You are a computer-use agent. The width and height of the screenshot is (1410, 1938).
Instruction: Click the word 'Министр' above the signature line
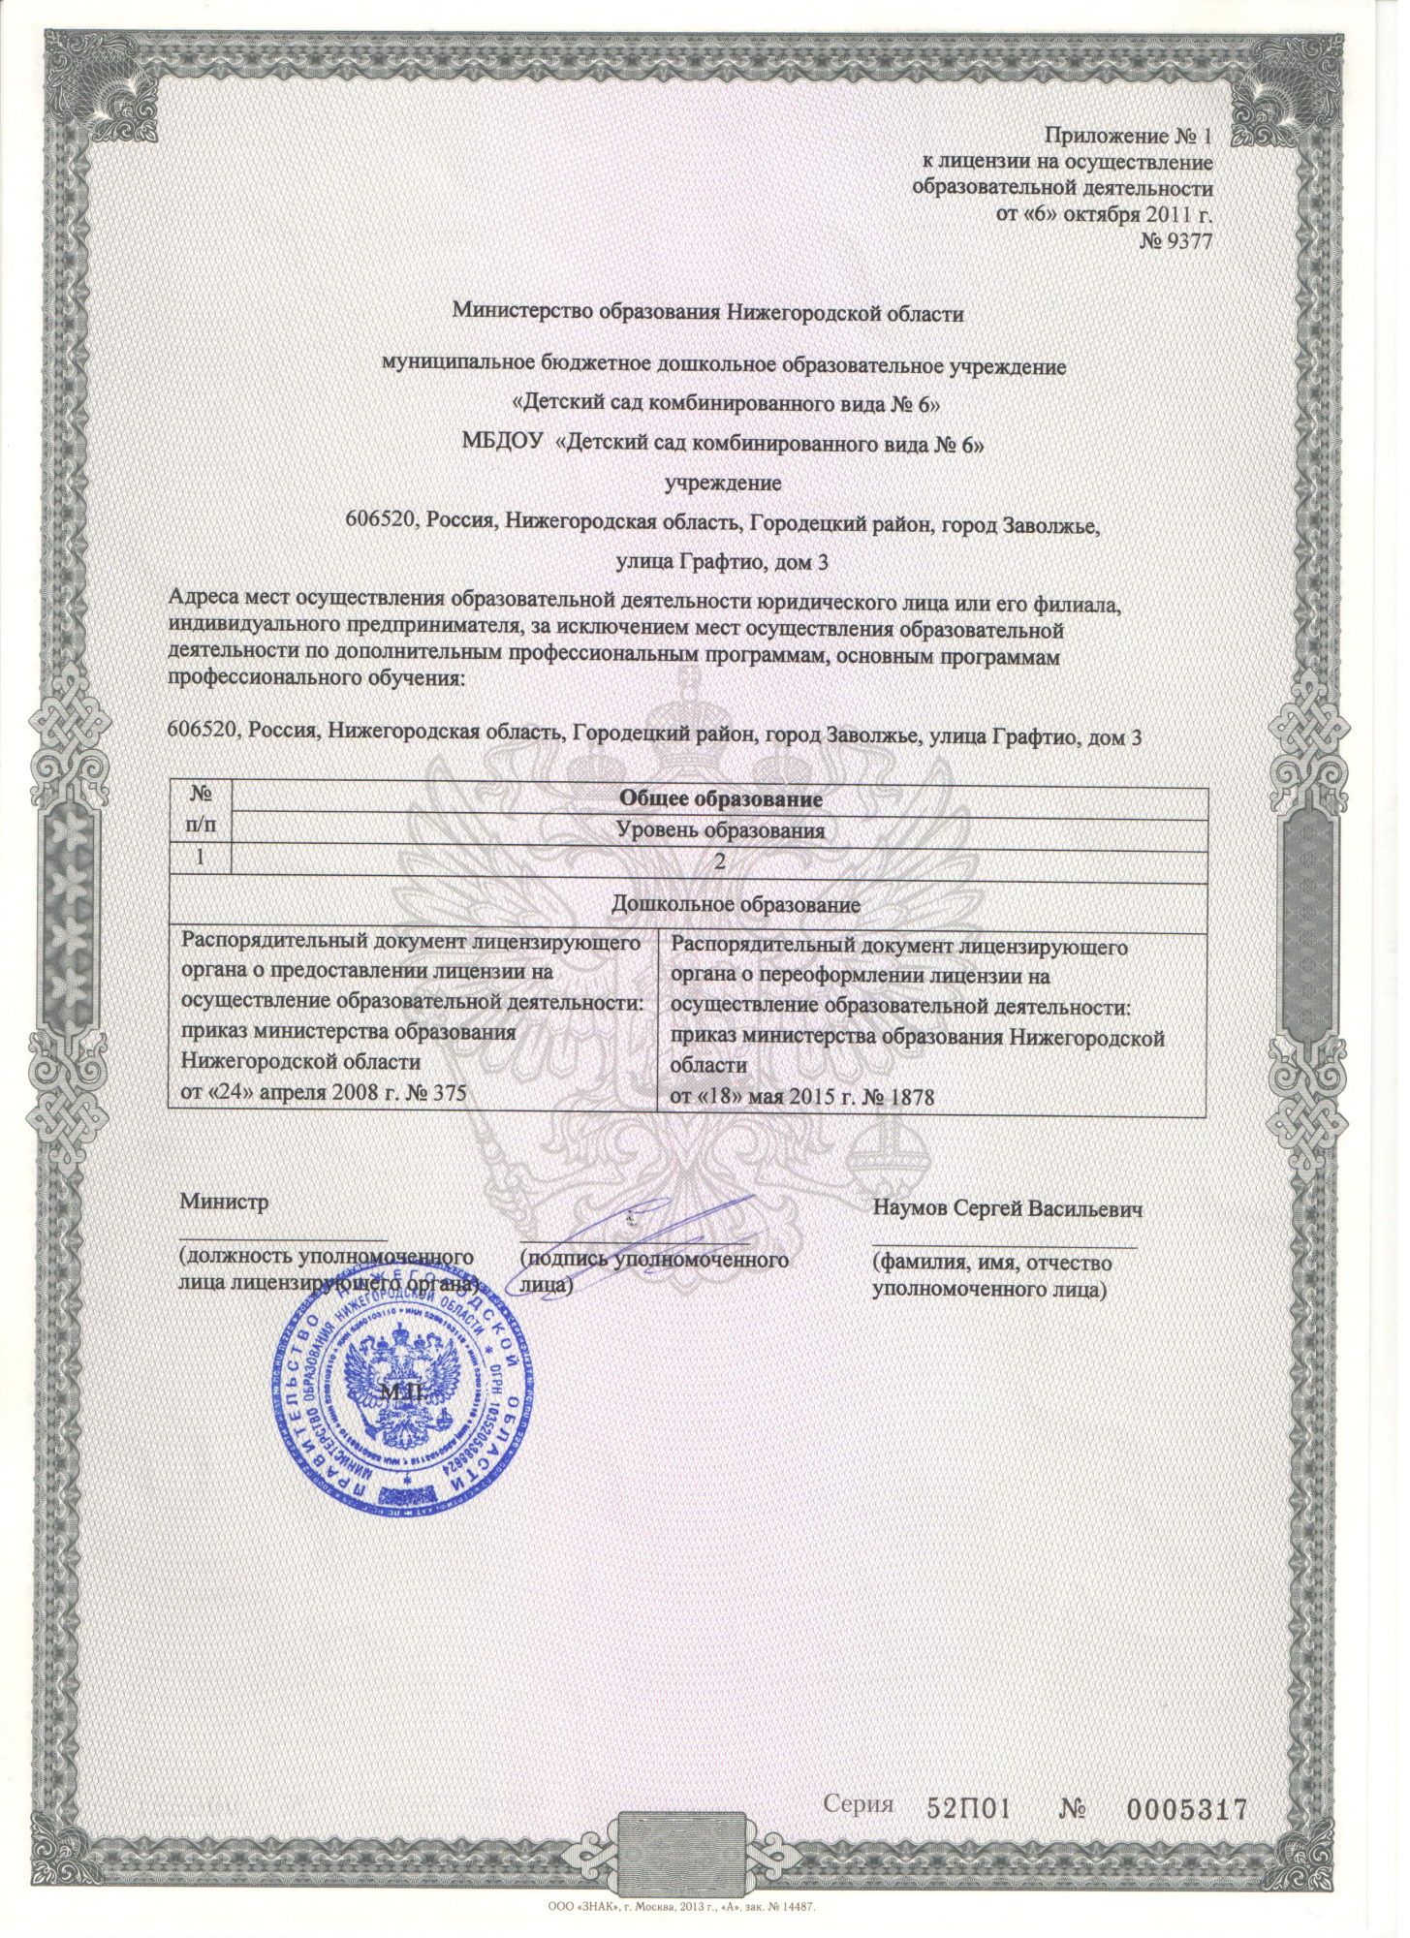tap(224, 1203)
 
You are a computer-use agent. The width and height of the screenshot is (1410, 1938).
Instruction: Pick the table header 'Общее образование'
tap(721, 799)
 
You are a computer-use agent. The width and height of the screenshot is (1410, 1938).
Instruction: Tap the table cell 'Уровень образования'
tap(721, 830)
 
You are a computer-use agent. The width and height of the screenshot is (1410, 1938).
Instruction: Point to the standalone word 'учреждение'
tap(722, 483)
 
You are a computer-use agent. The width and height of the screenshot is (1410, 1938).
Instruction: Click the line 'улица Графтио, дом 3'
tap(722, 561)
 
